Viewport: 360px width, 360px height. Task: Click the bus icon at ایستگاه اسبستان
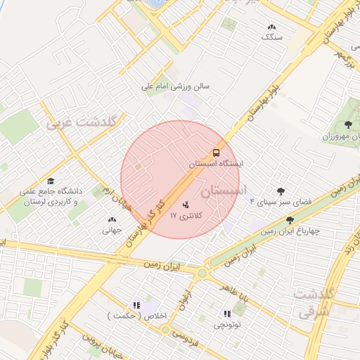tap(216, 153)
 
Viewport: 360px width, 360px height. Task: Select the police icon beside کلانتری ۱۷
tap(186, 205)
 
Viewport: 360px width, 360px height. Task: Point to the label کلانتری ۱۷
tap(186, 217)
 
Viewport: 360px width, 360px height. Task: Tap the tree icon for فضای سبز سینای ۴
tap(281, 191)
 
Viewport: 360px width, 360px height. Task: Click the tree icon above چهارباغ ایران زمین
tap(290, 220)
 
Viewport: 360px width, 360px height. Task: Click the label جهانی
tap(112, 229)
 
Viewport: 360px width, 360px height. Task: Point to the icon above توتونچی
tap(227, 314)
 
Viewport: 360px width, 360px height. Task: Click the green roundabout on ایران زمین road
tap(202, 273)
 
